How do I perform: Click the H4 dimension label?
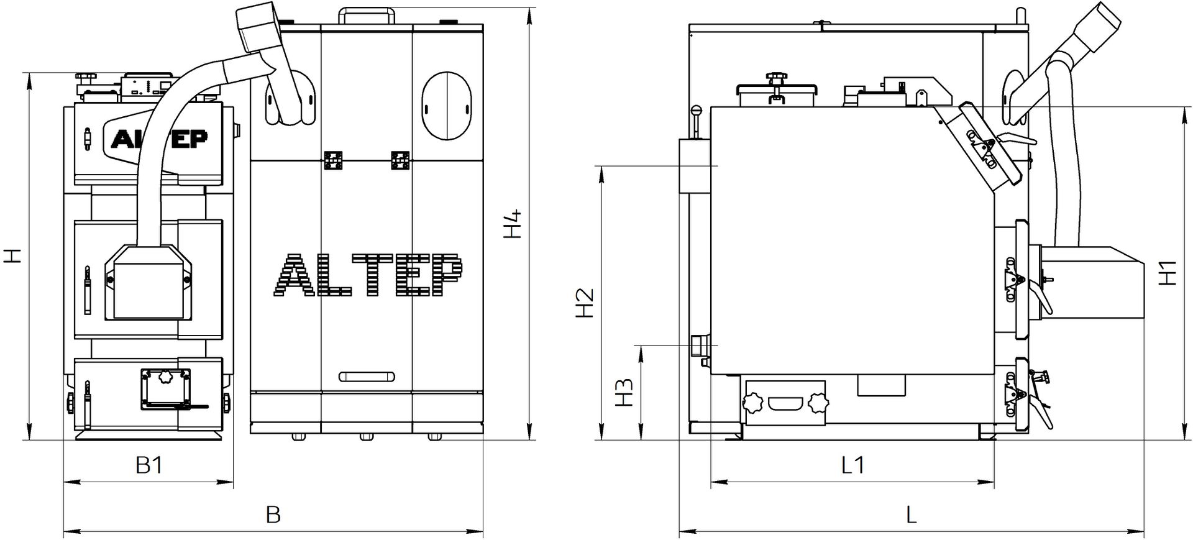pos(512,225)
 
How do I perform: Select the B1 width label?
pos(149,465)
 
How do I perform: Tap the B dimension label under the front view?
pos(273,515)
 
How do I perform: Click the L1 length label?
pos(852,465)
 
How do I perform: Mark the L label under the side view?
pos(912,515)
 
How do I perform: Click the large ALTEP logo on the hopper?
pos(367,275)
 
